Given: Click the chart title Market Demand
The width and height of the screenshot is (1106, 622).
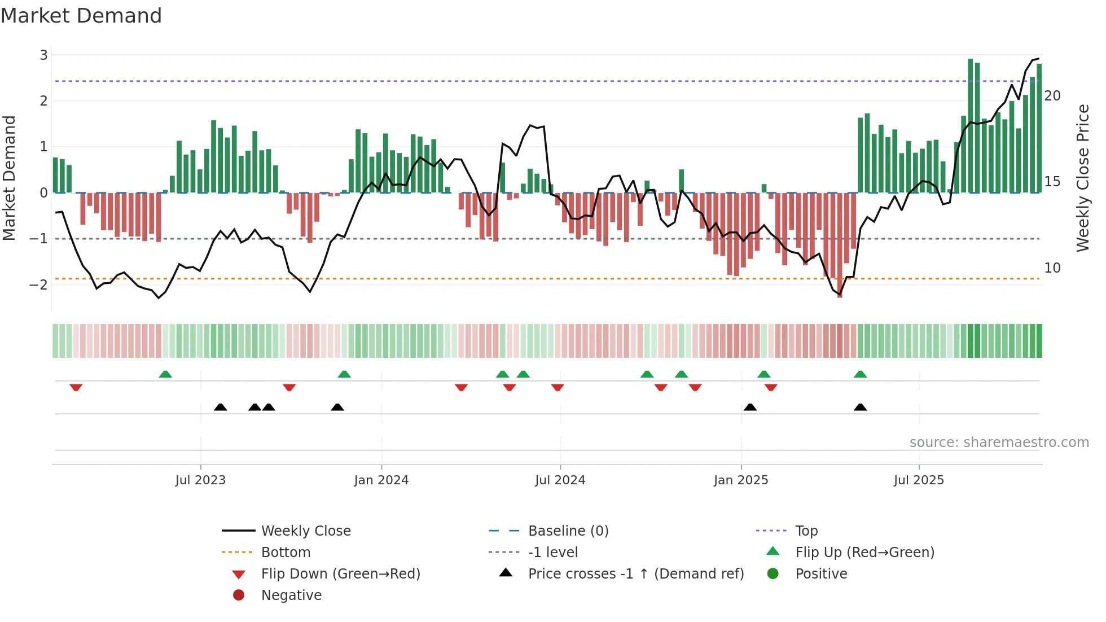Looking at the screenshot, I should point(81,16).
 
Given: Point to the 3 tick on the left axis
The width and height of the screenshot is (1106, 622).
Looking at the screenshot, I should point(43,55).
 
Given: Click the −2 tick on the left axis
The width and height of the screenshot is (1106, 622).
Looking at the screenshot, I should point(39,284).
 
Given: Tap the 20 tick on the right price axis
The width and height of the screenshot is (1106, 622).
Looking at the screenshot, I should point(1052,96).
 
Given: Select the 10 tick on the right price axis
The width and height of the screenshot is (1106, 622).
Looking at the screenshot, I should point(1052,268).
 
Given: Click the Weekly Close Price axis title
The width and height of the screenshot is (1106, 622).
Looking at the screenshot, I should point(1082,178).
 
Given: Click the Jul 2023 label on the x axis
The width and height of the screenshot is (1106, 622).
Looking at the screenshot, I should point(200,480).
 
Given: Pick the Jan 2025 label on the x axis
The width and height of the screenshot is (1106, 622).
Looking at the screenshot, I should point(741,480).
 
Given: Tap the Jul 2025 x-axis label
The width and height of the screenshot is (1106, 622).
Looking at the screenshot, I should point(919,480).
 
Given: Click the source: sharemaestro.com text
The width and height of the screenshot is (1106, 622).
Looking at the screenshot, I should point(999,443).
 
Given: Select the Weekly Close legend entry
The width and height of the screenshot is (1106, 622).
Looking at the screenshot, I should point(305,531).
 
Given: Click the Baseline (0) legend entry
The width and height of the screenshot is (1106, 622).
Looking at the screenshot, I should point(568,531).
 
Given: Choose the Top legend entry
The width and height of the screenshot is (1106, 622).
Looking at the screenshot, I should point(806,531).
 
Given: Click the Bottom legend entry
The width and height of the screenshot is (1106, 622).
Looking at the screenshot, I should point(286,553).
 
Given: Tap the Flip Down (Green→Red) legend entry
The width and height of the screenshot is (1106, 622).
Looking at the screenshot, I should point(340,574).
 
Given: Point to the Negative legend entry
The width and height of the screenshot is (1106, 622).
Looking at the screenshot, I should point(291,595).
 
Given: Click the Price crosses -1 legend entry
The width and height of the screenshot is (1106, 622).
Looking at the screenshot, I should point(635,574).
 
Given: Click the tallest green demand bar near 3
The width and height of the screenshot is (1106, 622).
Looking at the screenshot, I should point(971,124).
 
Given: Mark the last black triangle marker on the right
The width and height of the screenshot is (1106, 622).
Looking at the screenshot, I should point(860,408).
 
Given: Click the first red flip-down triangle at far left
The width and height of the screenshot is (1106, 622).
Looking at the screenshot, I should point(76,387).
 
